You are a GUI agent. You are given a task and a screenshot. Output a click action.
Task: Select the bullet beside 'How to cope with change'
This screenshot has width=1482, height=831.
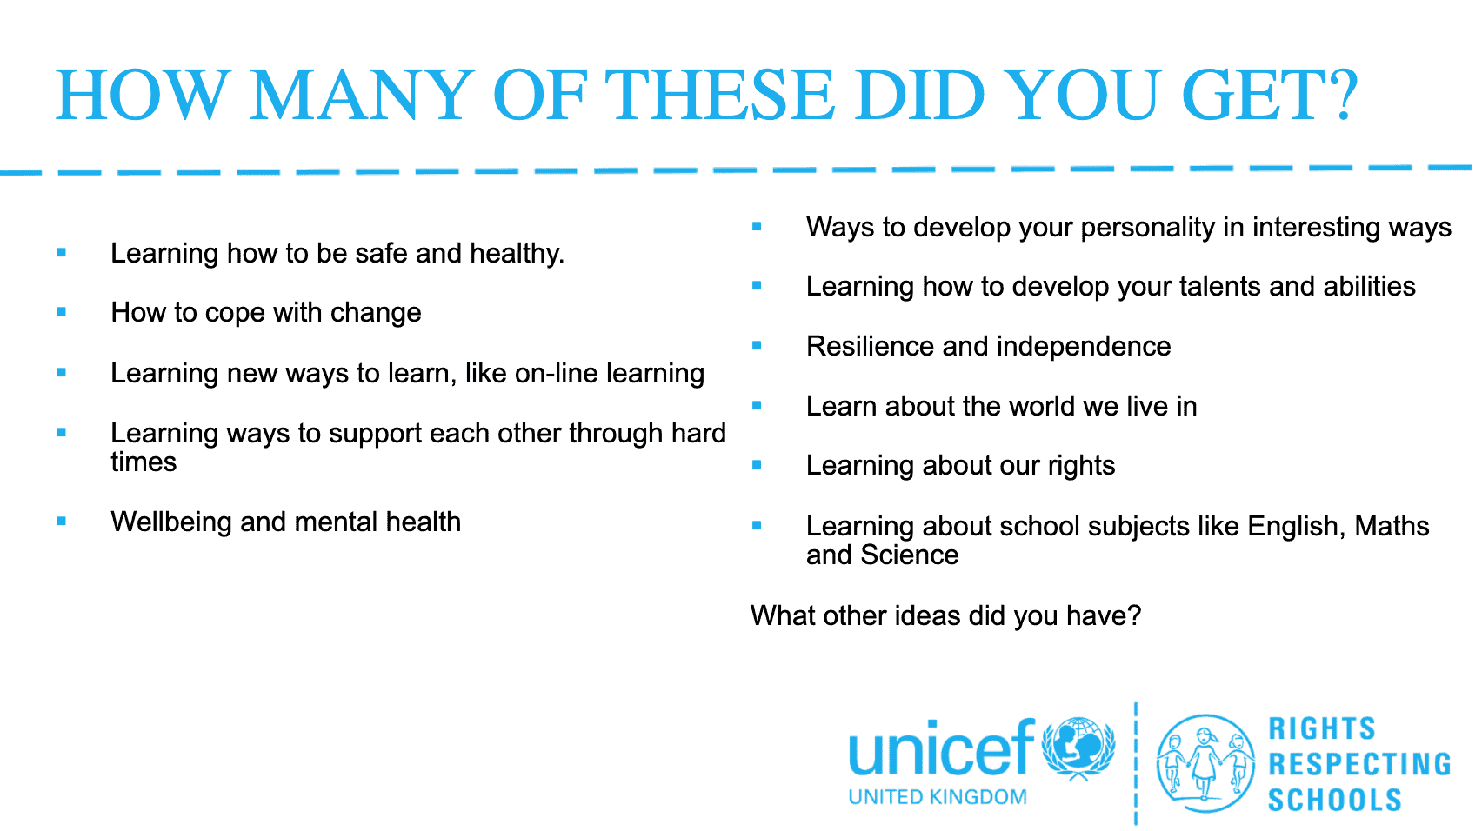point(62,311)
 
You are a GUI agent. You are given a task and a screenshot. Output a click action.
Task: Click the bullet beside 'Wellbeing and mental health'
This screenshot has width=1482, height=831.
point(62,521)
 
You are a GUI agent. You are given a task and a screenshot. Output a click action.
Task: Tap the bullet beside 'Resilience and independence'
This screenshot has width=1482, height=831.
point(757,345)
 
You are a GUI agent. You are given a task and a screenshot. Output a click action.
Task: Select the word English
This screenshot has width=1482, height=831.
point(1297,527)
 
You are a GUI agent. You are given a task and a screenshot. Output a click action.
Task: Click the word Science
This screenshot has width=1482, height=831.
point(909,555)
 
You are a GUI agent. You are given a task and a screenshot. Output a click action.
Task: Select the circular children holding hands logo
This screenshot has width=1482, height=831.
point(1205,763)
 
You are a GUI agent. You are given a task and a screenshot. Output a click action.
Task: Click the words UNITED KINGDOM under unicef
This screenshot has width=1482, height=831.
point(938,797)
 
